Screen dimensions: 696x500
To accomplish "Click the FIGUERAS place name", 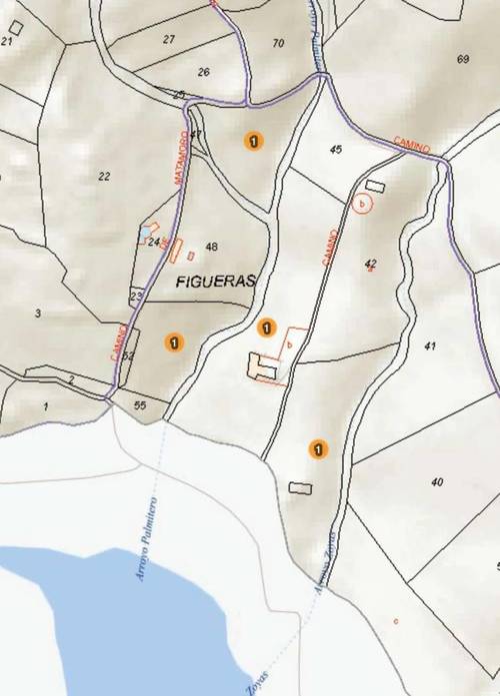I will tap(216, 282).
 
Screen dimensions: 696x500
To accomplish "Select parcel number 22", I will tap(104, 176).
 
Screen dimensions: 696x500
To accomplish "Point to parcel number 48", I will tap(211, 247).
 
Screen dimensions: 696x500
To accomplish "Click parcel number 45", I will tap(335, 150).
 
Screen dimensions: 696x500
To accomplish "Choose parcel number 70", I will tap(278, 43).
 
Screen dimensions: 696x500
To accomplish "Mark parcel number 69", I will tap(463, 59).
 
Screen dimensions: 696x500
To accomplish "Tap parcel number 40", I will tap(437, 482).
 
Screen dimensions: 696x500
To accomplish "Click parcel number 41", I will tap(431, 346).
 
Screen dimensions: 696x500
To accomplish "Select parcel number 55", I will tap(139, 404).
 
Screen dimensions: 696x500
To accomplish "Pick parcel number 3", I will tap(38, 314).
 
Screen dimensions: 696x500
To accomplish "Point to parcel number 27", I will tap(169, 39).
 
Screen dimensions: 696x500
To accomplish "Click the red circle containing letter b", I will tap(363, 204).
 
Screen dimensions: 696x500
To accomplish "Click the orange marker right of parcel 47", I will tap(254, 141).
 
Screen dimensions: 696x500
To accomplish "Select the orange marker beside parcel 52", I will tap(175, 342).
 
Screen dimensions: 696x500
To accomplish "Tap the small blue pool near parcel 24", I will tap(146, 232).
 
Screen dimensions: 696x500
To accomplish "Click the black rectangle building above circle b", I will tap(375, 186).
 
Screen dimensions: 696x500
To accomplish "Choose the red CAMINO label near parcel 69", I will tap(411, 145).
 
